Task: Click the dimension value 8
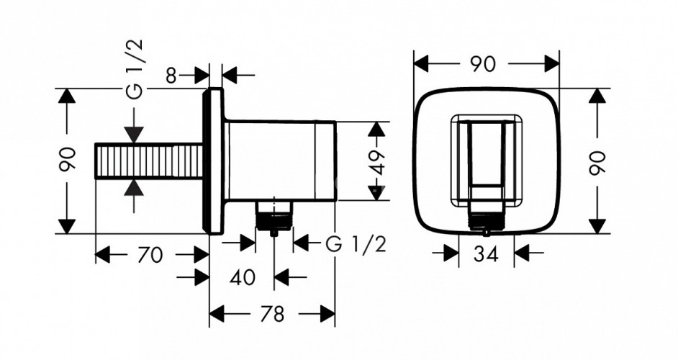[171, 76]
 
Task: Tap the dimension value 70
[150, 255]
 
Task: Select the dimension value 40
[242, 277]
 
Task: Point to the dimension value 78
[272, 314]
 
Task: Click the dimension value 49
[377, 162]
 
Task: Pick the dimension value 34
[486, 254]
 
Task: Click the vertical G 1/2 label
[135, 69]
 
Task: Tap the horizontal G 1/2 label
[356, 244]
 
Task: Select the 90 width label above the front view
[483, 65]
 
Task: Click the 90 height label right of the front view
[597, 162]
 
